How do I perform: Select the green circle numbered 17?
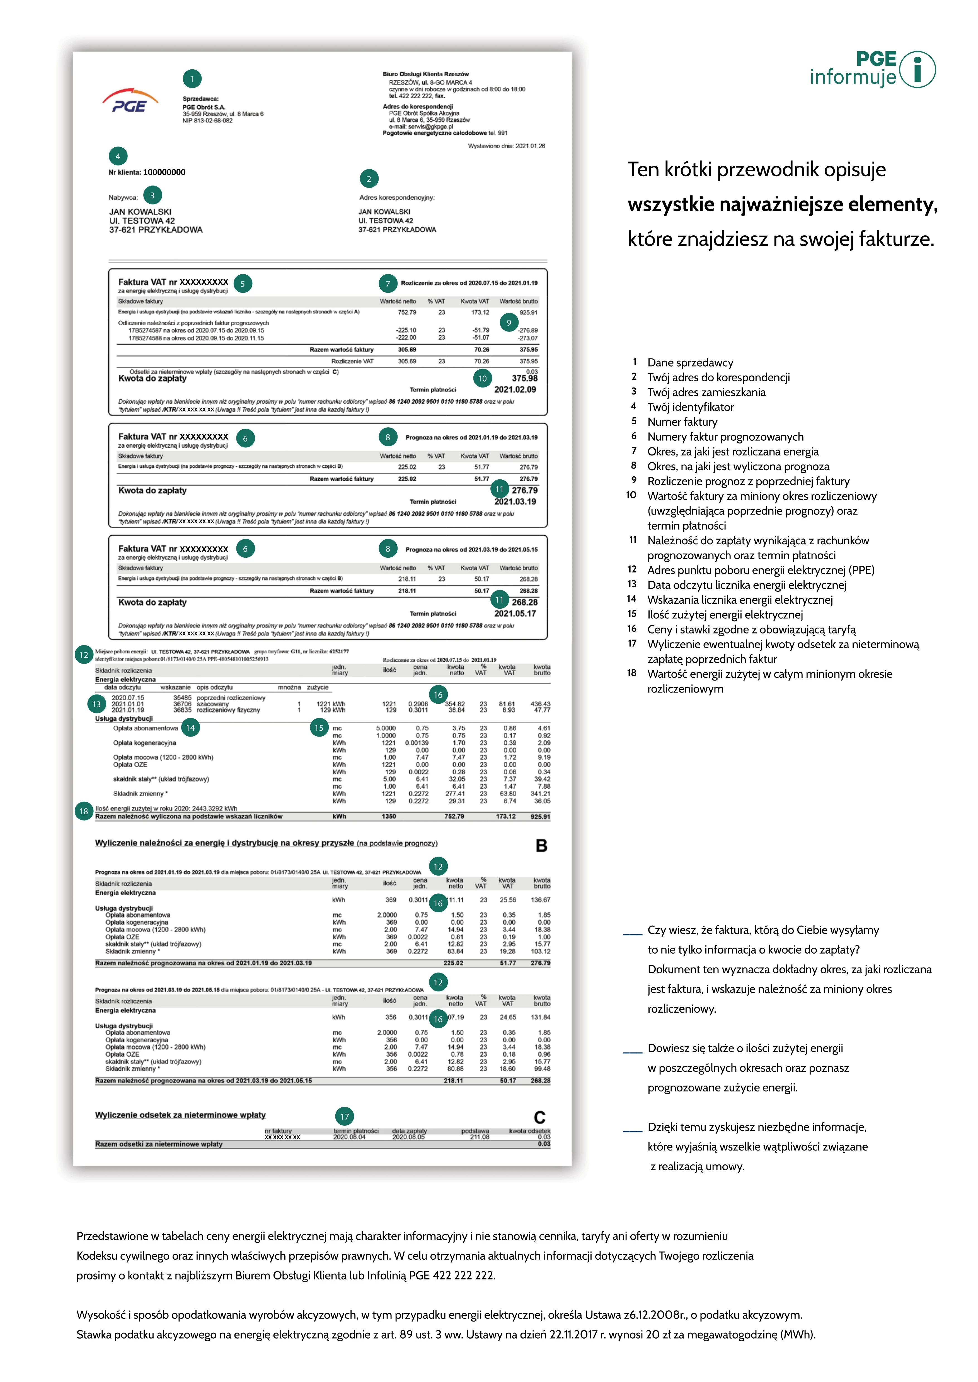point(345,1117)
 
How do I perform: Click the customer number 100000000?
point(164,172)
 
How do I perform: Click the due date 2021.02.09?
point(515,389)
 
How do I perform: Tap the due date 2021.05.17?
point(515,613)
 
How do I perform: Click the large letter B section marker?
point(541,846)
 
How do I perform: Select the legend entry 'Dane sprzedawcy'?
point(690,362)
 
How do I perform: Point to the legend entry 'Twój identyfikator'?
point(690,407)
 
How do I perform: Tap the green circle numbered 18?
point(84,811)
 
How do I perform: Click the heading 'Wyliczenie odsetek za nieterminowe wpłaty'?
point(180,1115)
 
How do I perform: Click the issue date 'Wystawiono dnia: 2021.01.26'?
point(507,146)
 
